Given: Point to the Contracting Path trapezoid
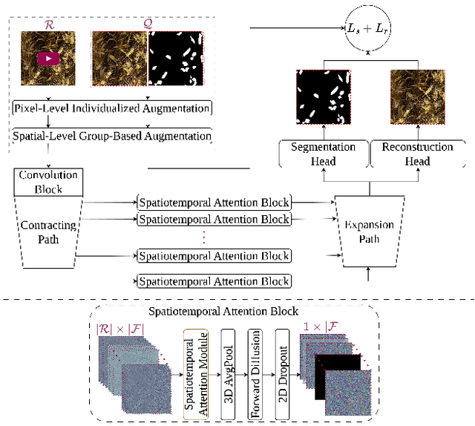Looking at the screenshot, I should click(x=47, y=230).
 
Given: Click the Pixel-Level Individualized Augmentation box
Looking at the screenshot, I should click(x=112, y=108).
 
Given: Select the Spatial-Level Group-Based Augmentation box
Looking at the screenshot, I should click(x=112, y=137).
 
